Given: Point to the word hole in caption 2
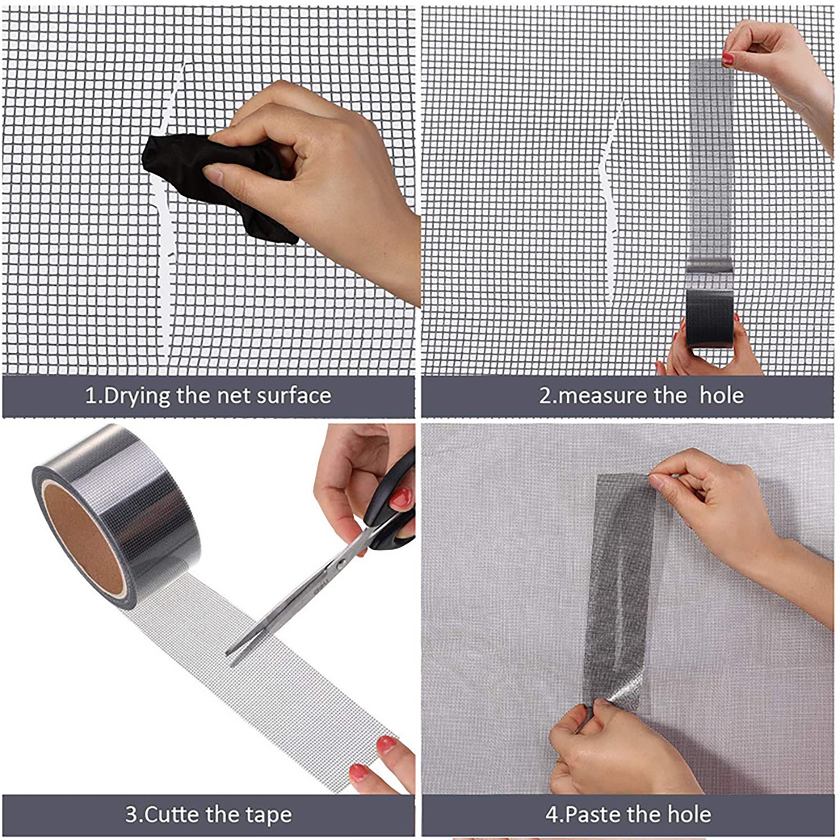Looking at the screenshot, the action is [721, 395].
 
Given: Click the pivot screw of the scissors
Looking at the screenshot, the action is [341, 565].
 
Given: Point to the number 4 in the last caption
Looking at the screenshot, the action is [551, 815].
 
